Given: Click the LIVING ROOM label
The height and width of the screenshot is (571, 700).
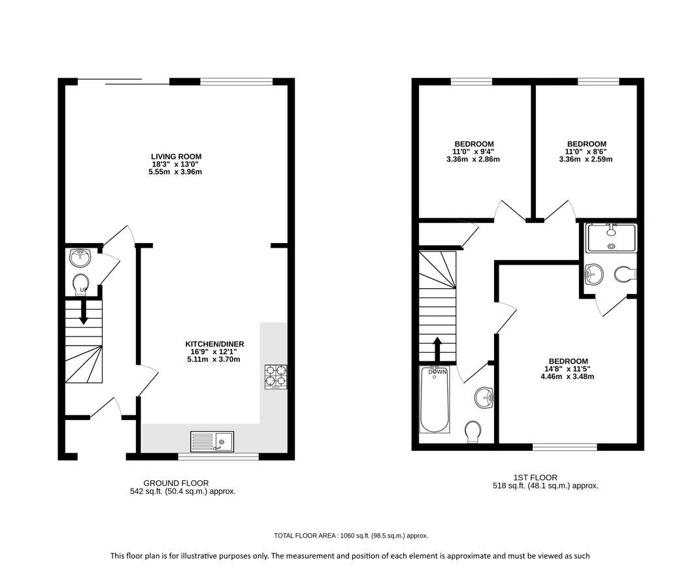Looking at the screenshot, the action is click(x=176, y=157).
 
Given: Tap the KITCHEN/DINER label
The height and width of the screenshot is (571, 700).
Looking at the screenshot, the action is click(x=214, y=344).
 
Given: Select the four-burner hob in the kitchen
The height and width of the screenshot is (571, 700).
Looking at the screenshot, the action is click(x=276, y=376).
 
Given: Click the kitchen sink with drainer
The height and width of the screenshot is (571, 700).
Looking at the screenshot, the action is click(x=212, y=441).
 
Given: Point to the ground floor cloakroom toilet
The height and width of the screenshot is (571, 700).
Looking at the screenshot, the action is click(x=81, y=284).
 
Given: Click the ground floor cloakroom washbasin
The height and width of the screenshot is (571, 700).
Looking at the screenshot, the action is click(x=80, y=257).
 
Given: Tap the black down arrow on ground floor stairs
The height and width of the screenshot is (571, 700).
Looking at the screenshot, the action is click(x=84, y=312).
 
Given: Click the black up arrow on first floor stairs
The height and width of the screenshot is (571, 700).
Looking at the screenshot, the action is click(x=437, y=349).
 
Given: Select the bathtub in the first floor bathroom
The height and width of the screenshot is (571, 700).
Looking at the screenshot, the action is click(x=435, y=399).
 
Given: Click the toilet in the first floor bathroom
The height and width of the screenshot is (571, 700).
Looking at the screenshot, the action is click(x=473, y=432).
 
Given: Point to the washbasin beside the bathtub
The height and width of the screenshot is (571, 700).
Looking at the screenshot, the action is click(x=484, y=397).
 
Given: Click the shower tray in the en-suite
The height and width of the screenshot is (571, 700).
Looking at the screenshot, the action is click(x=612, y=238).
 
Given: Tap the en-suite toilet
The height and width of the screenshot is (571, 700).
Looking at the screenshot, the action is click(x=625, y=274).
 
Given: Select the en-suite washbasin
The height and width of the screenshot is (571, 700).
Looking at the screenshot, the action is click(x=593, y=274).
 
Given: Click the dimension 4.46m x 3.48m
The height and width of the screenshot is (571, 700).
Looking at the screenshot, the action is click(x=567, y=376).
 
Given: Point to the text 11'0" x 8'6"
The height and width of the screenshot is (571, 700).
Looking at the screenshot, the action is click(x=586, y=152).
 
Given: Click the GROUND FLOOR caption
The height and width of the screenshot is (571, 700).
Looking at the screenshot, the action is click(x=176, y=483).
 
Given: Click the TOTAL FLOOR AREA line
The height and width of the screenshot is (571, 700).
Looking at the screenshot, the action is click(x=351, y=536).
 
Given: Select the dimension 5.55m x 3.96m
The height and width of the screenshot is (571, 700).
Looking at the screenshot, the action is click(x=175, y=172).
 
